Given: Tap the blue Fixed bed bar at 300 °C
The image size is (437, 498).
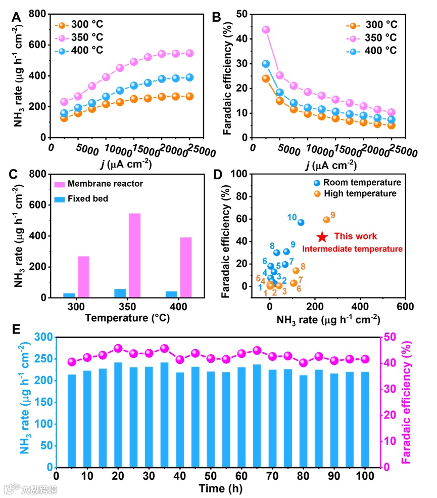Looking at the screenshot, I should pos(69,295).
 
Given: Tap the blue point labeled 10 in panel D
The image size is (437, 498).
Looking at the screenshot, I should pos(301,222).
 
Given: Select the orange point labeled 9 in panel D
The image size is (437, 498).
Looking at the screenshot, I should pos(326,220).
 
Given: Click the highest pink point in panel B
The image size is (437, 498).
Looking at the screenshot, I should pos(266,30).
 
